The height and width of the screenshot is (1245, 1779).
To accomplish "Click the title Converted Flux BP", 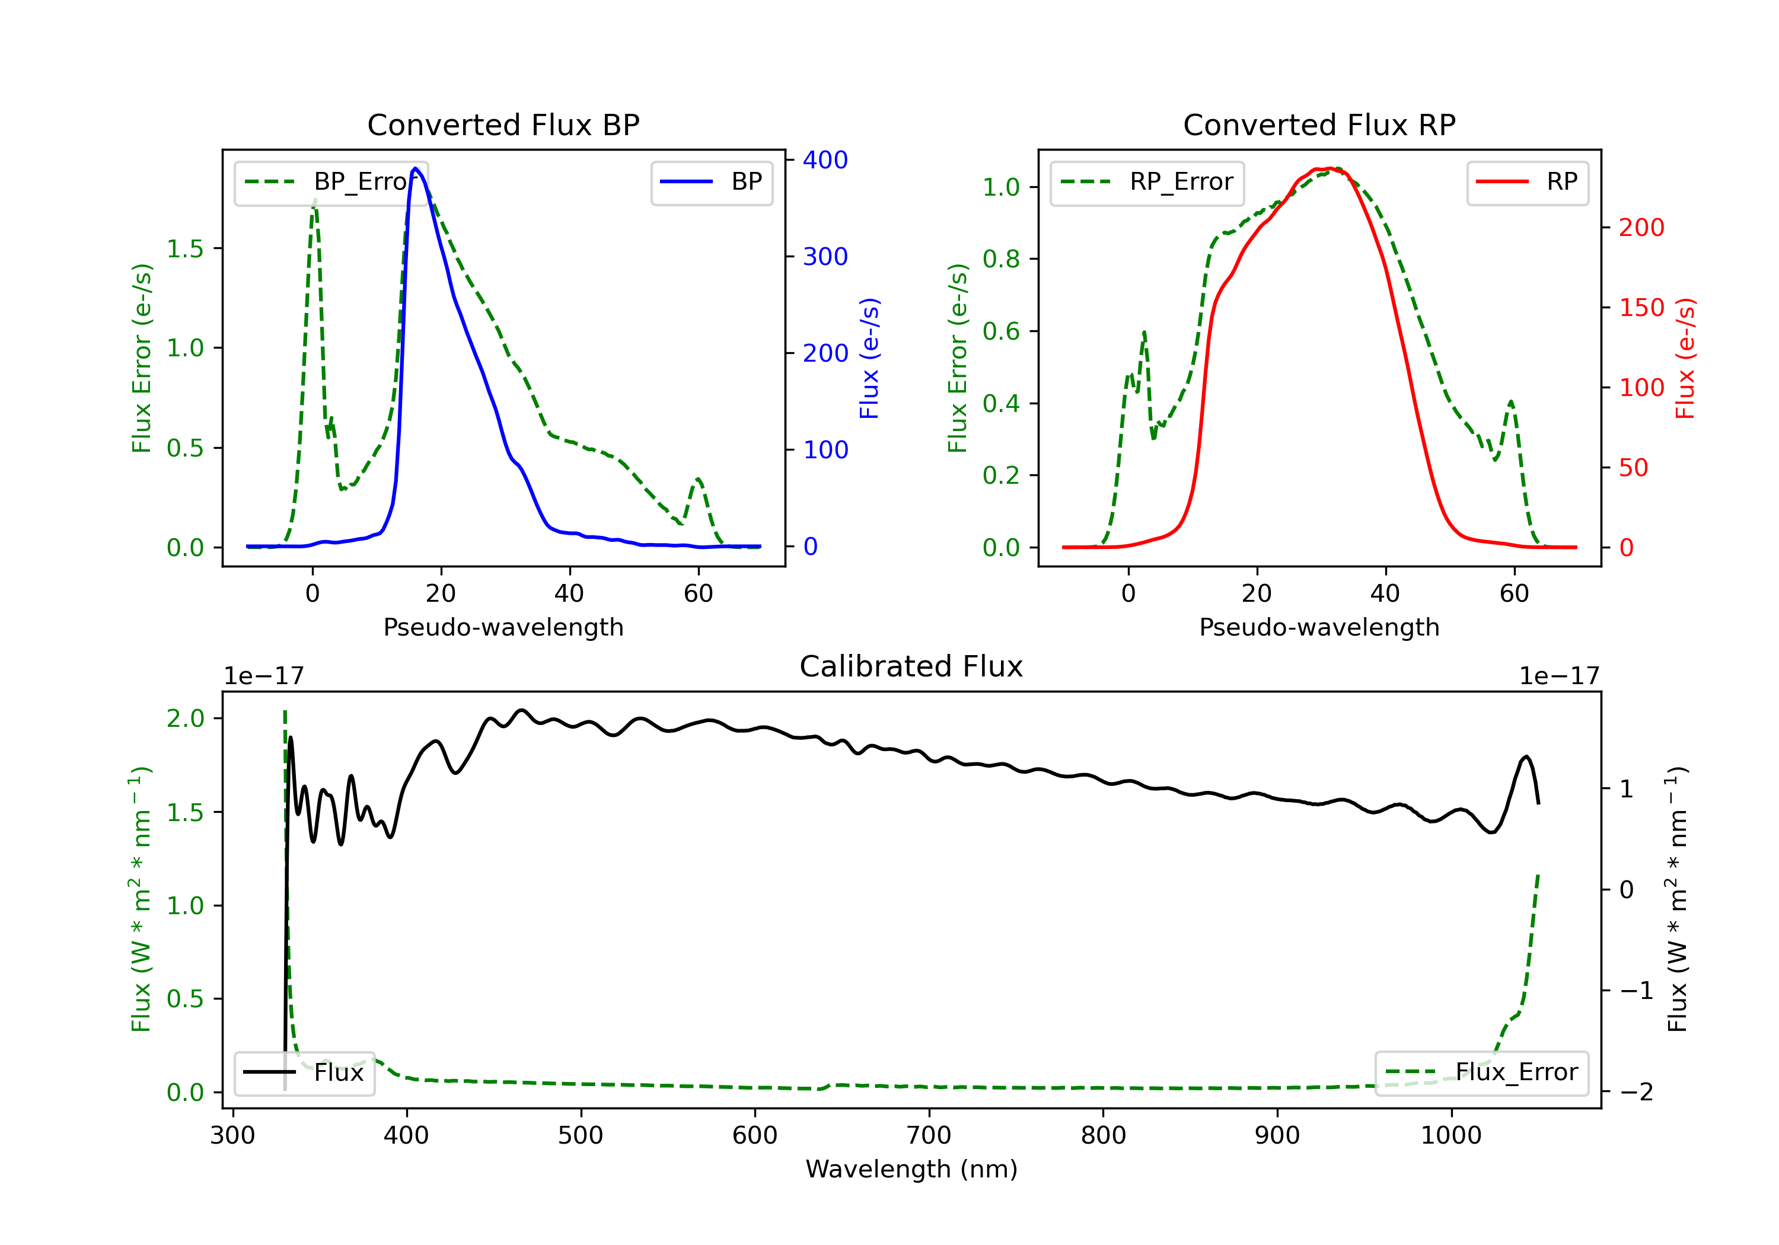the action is pos(503,124).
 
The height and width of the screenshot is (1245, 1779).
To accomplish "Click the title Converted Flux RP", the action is pos(1319,124).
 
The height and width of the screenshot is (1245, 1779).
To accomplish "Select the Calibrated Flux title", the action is pos(911,666).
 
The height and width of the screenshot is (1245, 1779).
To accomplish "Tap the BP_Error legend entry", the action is pos(331,182).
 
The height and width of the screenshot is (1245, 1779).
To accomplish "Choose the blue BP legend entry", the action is pos(711,182).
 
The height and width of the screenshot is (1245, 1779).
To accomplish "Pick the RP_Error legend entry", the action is pos(1147,182).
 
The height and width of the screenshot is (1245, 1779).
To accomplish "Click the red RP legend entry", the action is pos(1527,182).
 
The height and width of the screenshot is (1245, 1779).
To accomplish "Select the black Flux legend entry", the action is pos(304,1072).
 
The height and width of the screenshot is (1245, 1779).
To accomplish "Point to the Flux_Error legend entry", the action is pos(1481,1072).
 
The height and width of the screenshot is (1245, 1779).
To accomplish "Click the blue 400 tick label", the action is pos(825,161).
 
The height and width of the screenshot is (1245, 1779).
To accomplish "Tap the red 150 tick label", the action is pos(1642,308).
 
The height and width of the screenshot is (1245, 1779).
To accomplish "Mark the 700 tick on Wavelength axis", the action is pos(929,1135).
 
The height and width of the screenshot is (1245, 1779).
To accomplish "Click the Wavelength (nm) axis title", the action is pos(911,1169).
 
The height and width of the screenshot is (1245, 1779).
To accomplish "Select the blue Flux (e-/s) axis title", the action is pos(869,358).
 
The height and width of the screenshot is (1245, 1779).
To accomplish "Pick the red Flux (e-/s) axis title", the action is pos(1685,358).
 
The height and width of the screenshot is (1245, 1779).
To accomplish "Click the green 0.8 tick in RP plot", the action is pos(1000,258).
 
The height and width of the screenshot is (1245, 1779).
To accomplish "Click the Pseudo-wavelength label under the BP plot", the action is pos(503,627).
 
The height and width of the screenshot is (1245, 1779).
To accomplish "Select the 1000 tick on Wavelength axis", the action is pos(1451,1135).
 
